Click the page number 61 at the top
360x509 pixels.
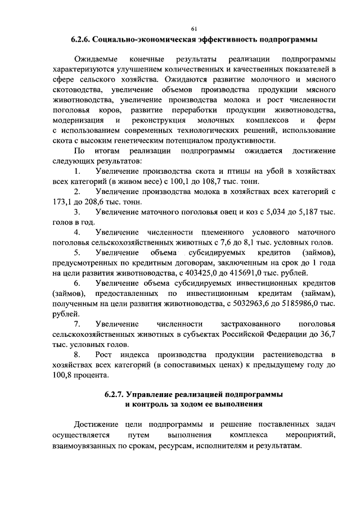point(195,29)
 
